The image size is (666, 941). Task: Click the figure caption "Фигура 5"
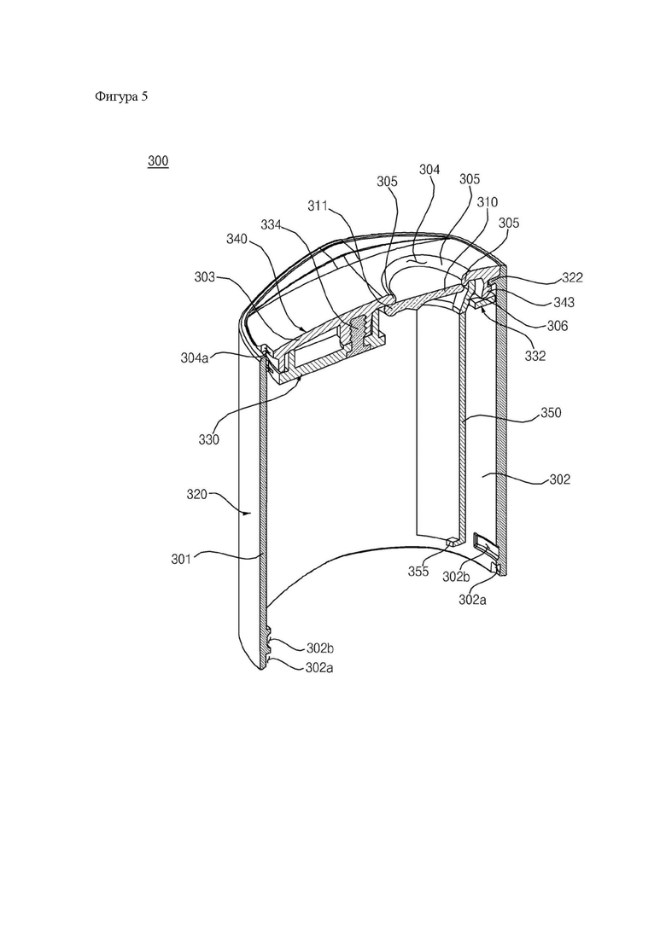(x=120, y=96)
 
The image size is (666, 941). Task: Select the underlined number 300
(x=158, y=161)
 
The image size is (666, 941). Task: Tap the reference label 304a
(x=194, y=357)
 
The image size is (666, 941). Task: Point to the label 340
(x=237, y=238)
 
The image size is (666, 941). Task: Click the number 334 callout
(x=271, y=224)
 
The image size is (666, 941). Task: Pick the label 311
(x=318, y=206)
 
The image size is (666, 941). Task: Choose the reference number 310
(x=487, y=202)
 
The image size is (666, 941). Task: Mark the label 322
(x=572, y=277)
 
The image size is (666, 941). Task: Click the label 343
(x=564, y=302)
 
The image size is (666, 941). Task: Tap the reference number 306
(x=557, y=326)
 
